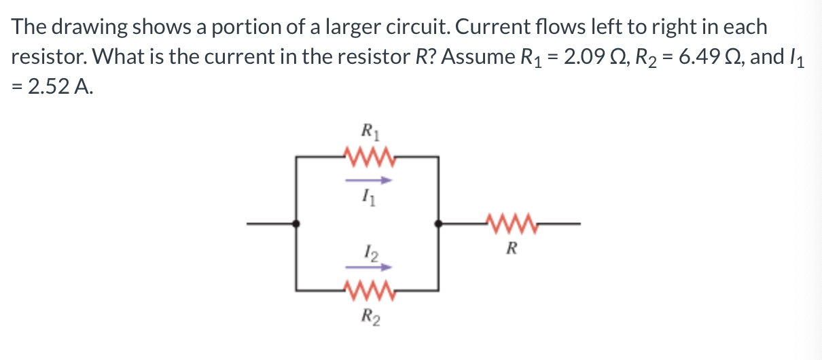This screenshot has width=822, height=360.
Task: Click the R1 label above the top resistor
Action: pos(368,130)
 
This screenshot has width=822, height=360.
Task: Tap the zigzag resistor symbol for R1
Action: pos(368,156)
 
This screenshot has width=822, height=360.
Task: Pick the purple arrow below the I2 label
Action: pos(369,268)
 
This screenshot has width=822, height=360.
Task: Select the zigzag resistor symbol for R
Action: pos(510,222)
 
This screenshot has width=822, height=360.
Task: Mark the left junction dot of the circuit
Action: pos(296,223)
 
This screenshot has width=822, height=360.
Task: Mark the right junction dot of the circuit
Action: pos(440,223)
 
